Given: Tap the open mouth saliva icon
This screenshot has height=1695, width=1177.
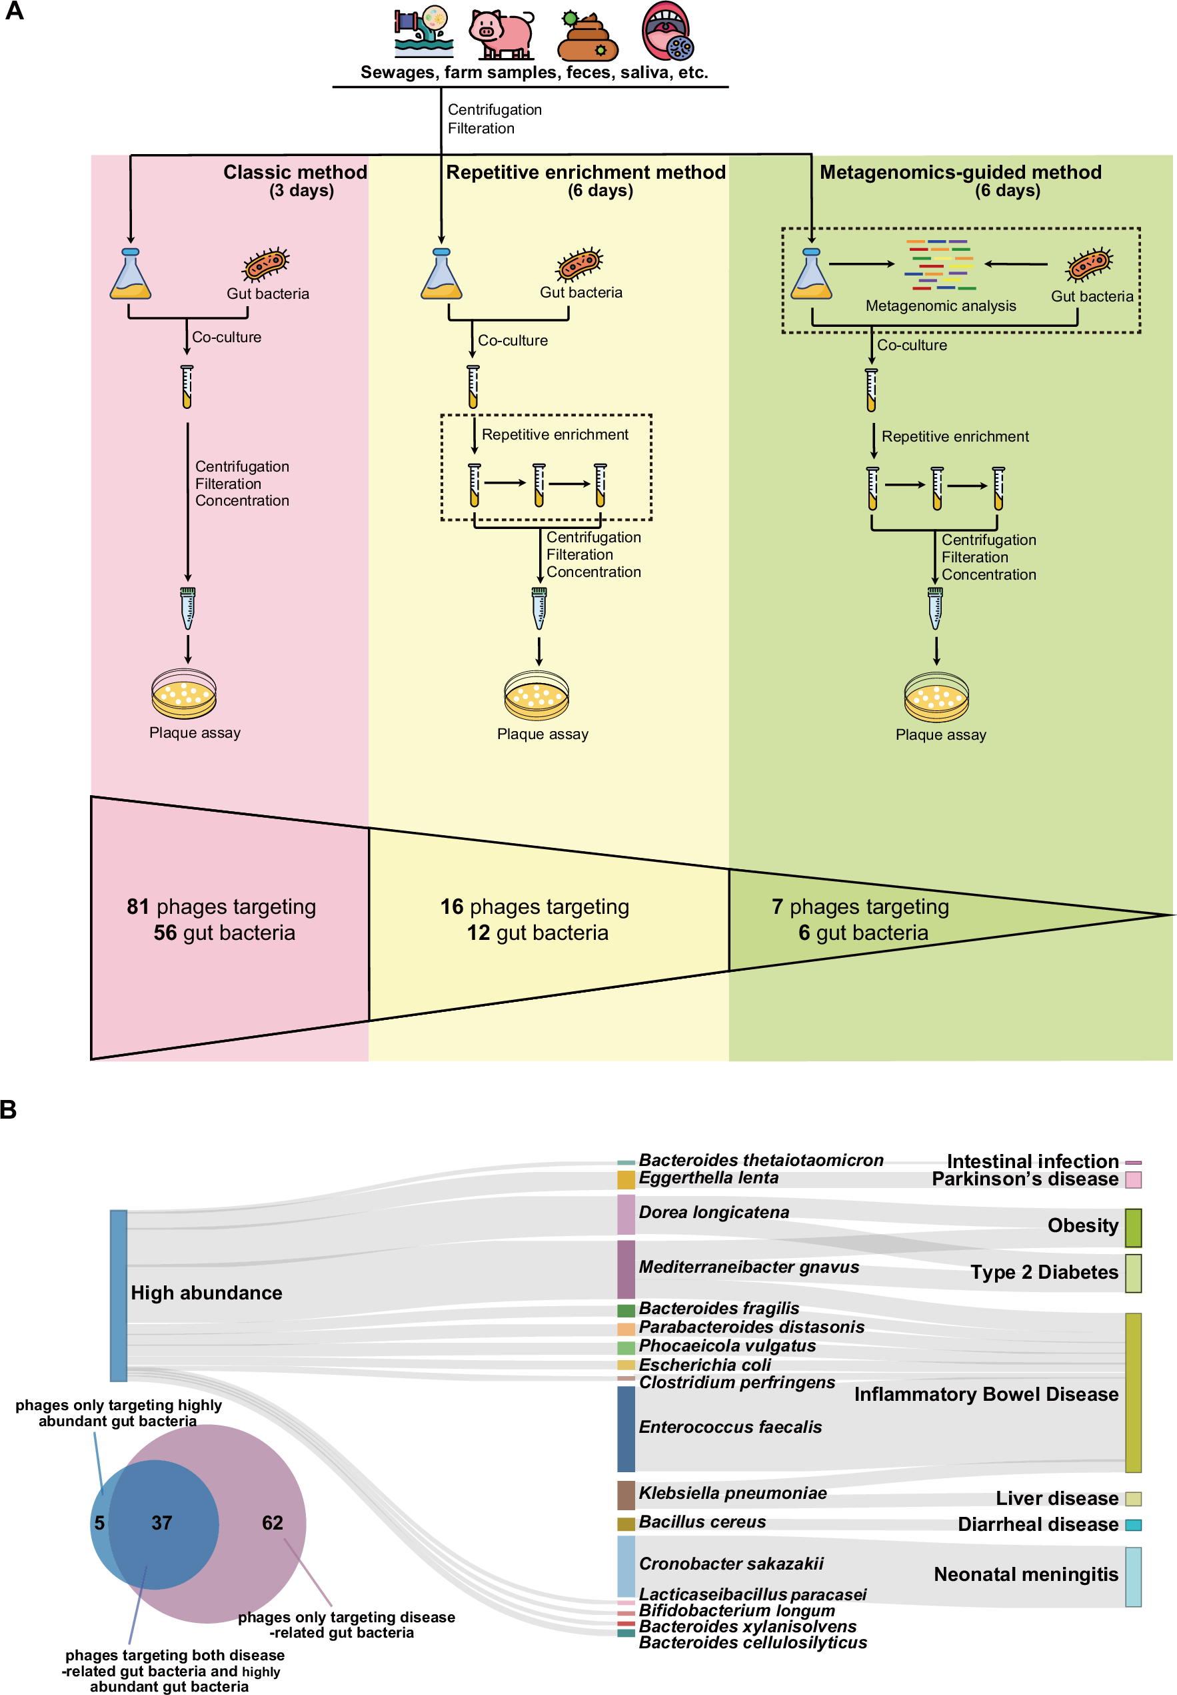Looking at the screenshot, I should (666, 31).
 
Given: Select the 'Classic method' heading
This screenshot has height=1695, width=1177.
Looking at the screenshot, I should (295, 172).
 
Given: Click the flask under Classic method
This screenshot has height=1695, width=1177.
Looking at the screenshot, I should (131, 275).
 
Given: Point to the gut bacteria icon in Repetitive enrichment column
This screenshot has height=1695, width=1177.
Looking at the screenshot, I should (580, 263).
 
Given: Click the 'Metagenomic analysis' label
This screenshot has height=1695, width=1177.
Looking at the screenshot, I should (940, 306).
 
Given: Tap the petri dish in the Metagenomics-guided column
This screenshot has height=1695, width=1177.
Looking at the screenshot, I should (936, 696).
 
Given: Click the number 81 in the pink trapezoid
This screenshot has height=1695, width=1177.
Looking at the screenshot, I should (138, 906).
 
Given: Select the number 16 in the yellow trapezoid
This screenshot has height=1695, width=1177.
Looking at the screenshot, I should (451, 906).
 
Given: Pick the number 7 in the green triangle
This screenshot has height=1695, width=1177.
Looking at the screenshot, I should (777, 906).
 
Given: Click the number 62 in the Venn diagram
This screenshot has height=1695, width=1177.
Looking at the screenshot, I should (272, 1522).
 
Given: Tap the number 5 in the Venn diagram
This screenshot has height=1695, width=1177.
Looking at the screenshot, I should (99, 1522).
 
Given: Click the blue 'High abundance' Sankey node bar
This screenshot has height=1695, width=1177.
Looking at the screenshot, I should (118, 1295).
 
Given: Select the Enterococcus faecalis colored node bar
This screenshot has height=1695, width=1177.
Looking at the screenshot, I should (625, 1428).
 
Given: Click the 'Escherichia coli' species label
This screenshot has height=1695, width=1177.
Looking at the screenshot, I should (704, 1364).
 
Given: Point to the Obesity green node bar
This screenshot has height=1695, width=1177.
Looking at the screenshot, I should (1133, 1227).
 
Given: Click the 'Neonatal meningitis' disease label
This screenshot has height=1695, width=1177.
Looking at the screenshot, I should (1026, 1574).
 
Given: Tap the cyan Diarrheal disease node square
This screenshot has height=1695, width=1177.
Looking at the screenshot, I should (1133, 1524).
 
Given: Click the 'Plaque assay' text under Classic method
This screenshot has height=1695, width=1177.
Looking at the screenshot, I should (195, 732).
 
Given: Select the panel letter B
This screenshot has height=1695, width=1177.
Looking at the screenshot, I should (9, 1110).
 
